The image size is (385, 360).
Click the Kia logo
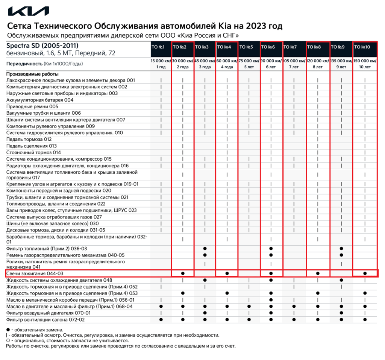coord(29,11)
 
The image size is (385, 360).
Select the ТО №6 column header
coord(271,47)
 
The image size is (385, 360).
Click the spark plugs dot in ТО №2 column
coord(183,273)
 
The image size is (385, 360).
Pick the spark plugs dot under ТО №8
coord(318,273)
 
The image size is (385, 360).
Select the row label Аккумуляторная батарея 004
coord(40,100)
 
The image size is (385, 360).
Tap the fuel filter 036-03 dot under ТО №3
coord(205,249)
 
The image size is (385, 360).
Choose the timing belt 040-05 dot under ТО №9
coord(341,255)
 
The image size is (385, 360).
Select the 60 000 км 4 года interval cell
coord(227,64)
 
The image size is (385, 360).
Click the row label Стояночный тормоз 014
coord(33,152)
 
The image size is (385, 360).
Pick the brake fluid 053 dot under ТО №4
coord(227,293)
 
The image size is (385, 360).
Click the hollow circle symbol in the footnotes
coord(8,340)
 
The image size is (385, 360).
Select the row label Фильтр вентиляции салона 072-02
coord(45,319)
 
